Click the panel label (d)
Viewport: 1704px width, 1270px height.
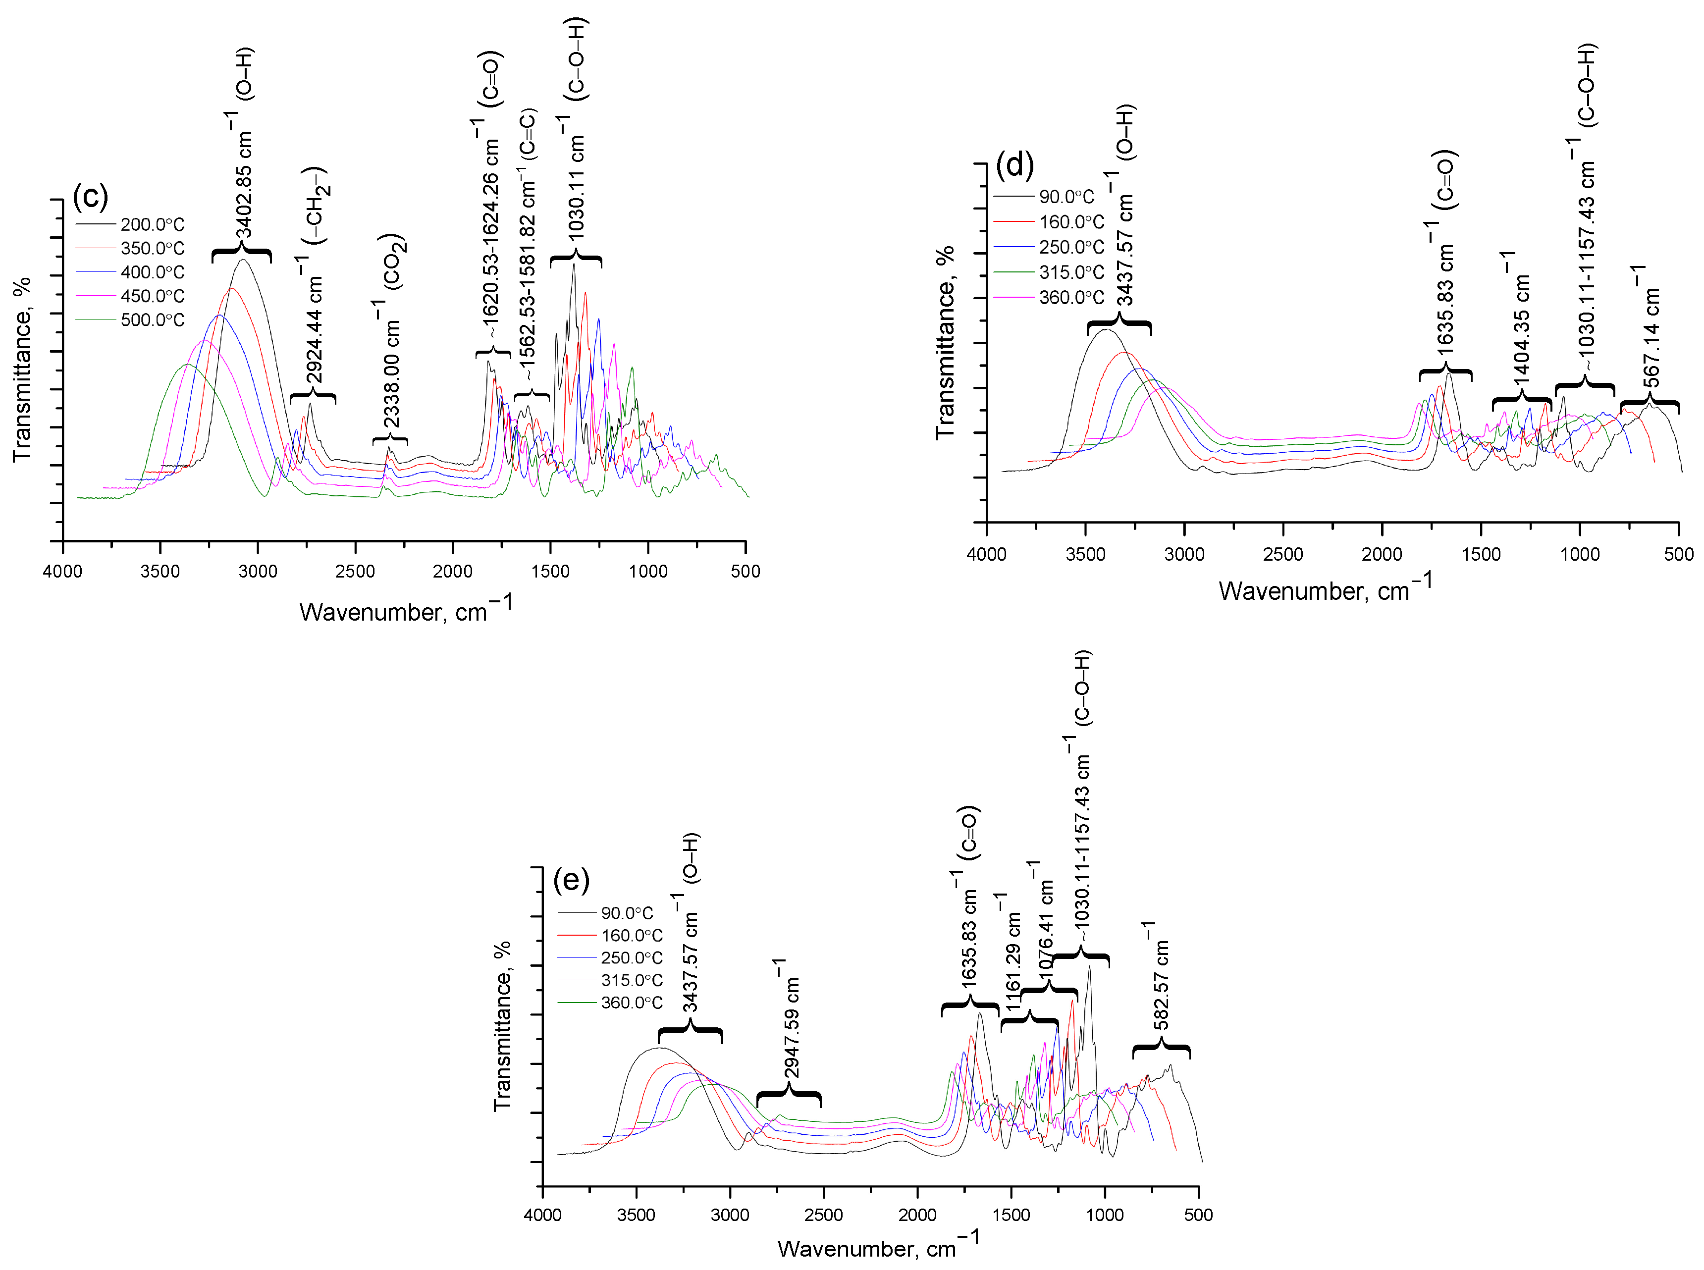[x=1014, y=164]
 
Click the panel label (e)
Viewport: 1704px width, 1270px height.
[x=571, y=880]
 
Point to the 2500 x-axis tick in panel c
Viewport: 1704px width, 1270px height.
[x=355, y=571]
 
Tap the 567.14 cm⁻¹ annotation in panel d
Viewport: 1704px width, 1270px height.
[x=1651, y=327]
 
